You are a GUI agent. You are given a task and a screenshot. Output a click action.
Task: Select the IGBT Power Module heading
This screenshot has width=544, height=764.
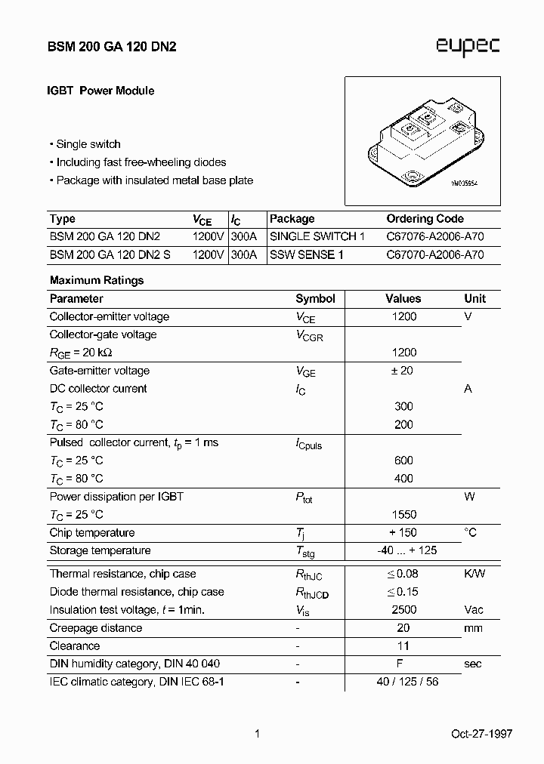tap(101, 91)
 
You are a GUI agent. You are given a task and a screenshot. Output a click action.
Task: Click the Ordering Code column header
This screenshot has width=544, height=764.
tap(425, 219)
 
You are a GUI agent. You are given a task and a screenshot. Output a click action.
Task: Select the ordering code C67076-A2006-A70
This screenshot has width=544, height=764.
tap(434, 237)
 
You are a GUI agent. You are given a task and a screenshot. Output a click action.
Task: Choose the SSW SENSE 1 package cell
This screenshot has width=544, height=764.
tap(306, 255)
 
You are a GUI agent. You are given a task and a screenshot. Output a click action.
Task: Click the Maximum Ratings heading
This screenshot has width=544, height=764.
tap(97, 280)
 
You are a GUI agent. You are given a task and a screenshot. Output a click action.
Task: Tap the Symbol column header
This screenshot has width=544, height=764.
tap(315, 299)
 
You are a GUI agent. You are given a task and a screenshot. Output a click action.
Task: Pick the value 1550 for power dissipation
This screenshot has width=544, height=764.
tap(404, 515)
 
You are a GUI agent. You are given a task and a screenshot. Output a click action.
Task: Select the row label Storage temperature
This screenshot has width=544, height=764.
tap(100, 551)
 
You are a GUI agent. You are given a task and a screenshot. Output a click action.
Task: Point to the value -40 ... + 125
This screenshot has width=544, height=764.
tap(406, 551)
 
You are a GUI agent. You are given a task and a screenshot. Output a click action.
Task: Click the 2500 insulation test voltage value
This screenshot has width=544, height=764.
tap(404, 610)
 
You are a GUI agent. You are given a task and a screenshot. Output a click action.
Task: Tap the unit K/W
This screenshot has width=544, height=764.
tap(474, 574)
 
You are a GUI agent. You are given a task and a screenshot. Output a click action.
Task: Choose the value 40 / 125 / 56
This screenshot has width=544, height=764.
tap(407, 682)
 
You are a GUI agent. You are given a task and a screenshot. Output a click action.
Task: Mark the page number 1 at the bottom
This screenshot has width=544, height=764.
tap(258, 733)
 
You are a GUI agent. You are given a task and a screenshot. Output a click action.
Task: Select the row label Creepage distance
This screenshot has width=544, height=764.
tap(95, 628)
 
